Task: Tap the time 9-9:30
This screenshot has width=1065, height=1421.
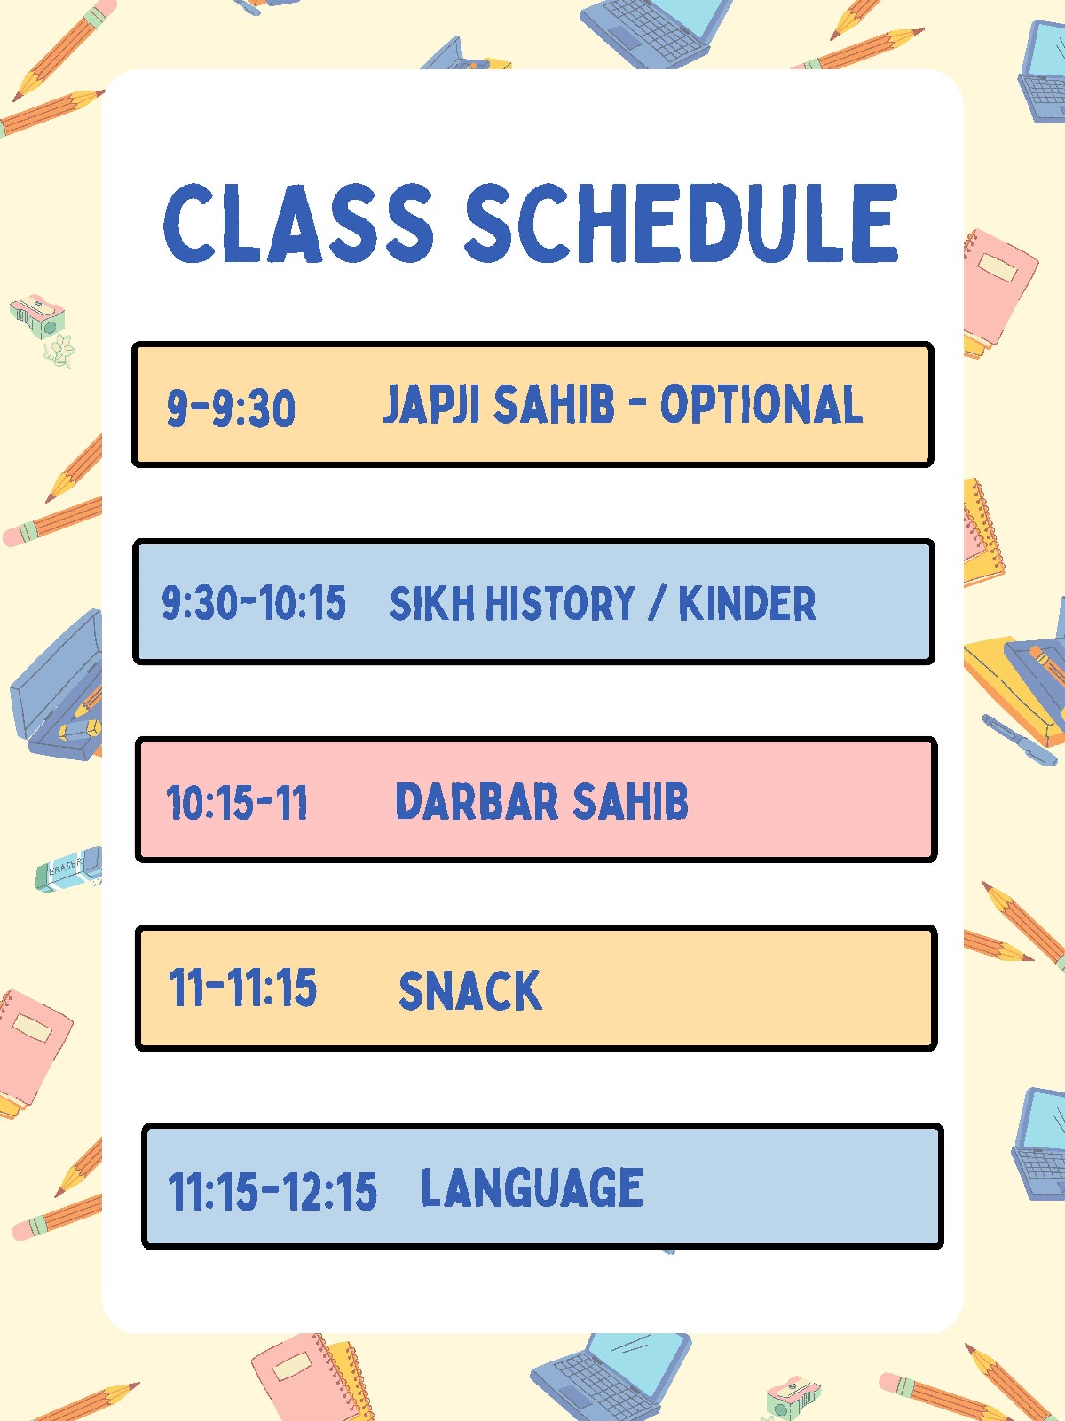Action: click(x=231, y=408)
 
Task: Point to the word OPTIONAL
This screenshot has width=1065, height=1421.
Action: click(x=761, y=404)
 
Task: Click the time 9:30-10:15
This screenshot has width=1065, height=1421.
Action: click(x=254, y=603)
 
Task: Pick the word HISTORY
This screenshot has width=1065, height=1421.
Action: click(x=560, y=603)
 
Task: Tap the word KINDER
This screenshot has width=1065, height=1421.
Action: click(x=747, y=603)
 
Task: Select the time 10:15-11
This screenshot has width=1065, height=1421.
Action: click(x=237, y=803)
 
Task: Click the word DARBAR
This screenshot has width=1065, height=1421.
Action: click(x=477, y=801)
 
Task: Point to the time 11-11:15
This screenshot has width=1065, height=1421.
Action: click(x=242, y=988)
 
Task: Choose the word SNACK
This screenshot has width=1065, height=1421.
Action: click(x=470, y=990)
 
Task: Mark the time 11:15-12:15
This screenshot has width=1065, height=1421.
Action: click(x=272, y=1191)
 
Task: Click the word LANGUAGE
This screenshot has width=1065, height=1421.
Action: click(x=532, y=1187)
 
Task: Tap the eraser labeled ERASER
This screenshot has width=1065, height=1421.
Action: click(x=68, y=869)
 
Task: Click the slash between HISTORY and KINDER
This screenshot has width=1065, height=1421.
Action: click(x=657, y=603)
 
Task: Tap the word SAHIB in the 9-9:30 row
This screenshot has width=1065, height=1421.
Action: click(x=554, y=404)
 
